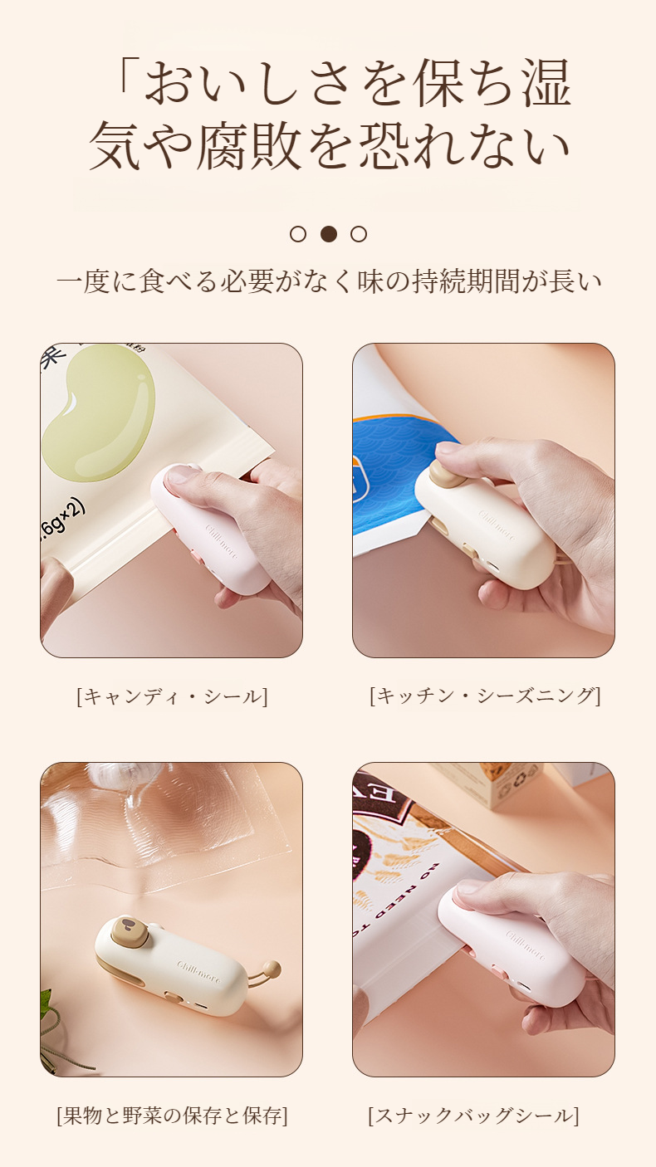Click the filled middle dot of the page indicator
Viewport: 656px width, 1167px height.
tap(329, 234)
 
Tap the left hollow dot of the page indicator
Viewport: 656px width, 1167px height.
tap(298, 234)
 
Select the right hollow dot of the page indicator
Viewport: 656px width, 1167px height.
tap(359, 234)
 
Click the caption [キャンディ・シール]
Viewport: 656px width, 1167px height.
tap(172, 696)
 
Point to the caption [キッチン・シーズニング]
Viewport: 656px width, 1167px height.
tap(484, 696)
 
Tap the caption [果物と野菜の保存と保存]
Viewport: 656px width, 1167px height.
tap(172, 1116)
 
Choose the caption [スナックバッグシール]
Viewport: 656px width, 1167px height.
tap(473, 1116)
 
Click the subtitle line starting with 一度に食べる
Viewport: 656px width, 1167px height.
tap(328, 281)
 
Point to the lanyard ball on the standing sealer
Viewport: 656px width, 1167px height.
tap(272, 969)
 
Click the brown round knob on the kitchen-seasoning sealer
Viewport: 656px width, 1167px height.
tap(443, 472)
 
